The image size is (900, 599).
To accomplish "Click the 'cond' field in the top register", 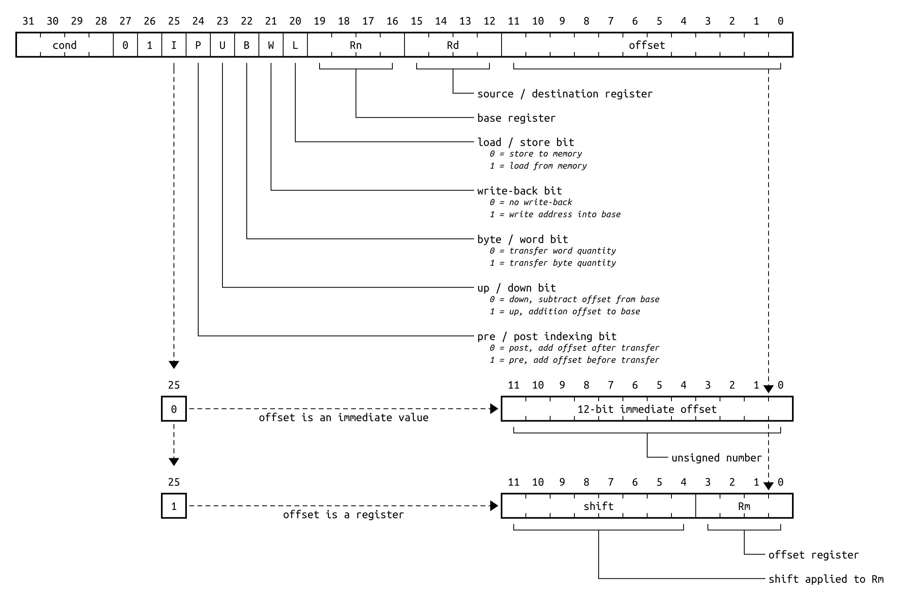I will pos(65,45).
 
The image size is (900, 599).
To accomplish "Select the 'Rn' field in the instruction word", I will pos(356,45).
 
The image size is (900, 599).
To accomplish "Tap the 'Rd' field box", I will pos(453,45).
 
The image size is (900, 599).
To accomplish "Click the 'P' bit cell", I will pos(198,45).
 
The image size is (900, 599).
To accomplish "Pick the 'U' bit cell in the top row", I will pos(222,45).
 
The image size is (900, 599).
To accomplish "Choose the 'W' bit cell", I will pos(271,45).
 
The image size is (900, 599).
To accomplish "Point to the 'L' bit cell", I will pos(295,45).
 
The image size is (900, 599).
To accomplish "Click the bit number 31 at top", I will pos(28,21).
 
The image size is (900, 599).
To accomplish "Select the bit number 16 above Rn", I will pos(392,21).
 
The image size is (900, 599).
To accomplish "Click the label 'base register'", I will pos(516,118).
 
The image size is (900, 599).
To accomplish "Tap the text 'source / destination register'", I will pos(565,94).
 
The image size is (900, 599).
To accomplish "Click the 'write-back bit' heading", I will pos(519,191).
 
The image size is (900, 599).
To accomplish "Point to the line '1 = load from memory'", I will pos(538,166).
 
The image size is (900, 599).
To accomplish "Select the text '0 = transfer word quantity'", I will pos(553,251).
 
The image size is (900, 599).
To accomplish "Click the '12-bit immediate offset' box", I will pos(647,409).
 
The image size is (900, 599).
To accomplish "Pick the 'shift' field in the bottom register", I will pos(598,506).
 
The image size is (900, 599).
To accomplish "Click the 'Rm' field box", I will pos(744,506).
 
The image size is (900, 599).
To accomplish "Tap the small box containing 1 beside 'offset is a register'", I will pos(174,506).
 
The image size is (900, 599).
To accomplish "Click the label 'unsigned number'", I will pos(716,458).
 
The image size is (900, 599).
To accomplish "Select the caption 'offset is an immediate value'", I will pos(343,417).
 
